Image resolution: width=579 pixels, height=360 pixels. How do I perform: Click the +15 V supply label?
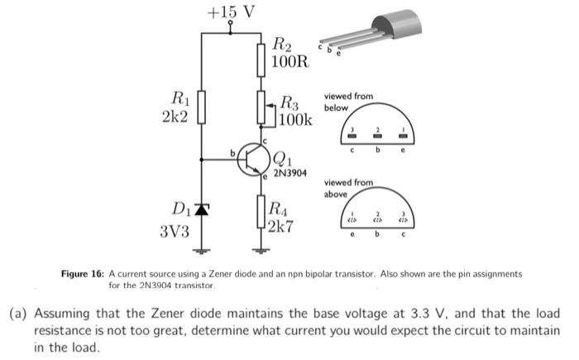click(231, 12)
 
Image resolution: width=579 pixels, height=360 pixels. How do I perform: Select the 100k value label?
click(296, 120)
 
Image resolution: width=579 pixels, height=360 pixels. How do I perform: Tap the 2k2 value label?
click(175, 117)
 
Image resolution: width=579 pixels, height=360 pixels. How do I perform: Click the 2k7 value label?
click(285, 225)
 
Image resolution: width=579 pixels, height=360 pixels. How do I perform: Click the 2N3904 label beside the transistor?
click(290, 174)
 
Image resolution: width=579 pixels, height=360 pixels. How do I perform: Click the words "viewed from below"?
click(348, 102)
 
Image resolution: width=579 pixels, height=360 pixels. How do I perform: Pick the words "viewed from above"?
click(348, 188)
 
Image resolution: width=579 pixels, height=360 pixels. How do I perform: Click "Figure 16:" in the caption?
click(84, 273)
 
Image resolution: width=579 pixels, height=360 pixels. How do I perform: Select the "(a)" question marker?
click(19, 314)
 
